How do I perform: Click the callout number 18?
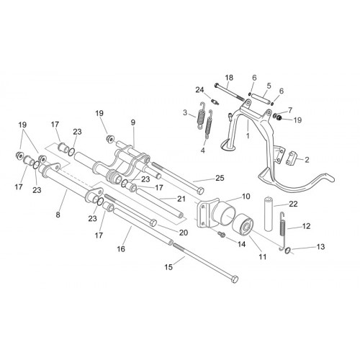(229, 78)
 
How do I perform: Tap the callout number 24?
(199, 90)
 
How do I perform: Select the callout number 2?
(307, 160)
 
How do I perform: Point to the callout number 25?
(220, 178)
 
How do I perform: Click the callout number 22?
(293, 204)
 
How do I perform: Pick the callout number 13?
(320, 246)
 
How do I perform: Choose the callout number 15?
(168, 267)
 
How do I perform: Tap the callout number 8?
(58, 215)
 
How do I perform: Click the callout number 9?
(133, 122)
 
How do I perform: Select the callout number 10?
(246, 197)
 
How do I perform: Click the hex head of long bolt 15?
(235, 279)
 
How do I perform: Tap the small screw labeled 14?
(222, 234)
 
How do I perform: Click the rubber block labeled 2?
(292, 156)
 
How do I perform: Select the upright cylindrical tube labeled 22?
(269, 214)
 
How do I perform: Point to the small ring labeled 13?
(288, 251)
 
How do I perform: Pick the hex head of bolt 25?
(200, 191)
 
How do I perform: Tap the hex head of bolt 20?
(153, 222)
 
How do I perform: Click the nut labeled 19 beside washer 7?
(279, 118)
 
